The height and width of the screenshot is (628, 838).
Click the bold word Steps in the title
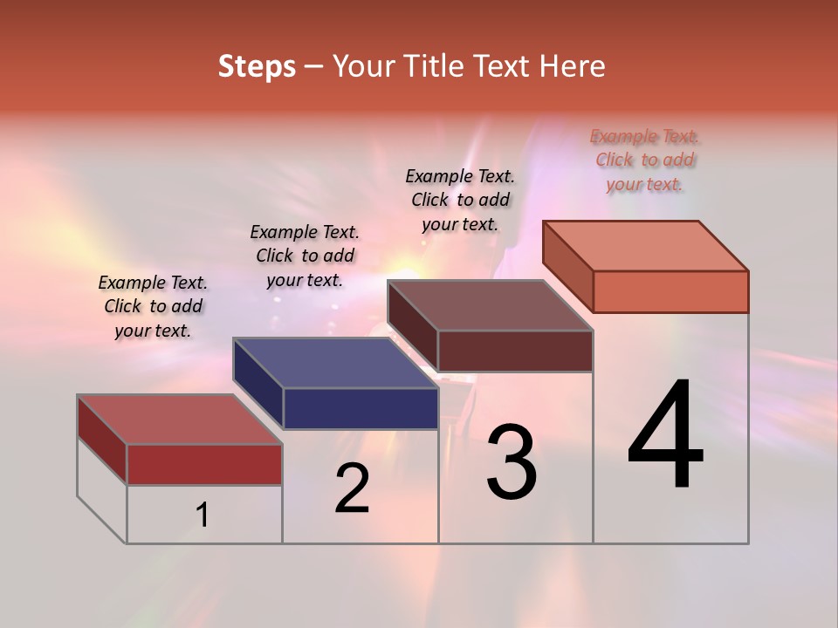(257, 66)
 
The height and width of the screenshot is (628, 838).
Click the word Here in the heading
(573, 66)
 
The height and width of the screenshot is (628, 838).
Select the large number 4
(665, 436)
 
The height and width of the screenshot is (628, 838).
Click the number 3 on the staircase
(512, 462)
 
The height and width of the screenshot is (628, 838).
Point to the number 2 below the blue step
(352, 488)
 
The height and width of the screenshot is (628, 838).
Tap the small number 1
(203, 515)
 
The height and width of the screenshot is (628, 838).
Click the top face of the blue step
(335, 362)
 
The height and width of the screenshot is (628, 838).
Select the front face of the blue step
(361, 408)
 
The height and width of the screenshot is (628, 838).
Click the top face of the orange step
(646, 245)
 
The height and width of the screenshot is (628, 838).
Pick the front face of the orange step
(670, 291)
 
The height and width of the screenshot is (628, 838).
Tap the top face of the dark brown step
(490, 304)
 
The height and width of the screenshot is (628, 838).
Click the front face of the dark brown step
(515, 351)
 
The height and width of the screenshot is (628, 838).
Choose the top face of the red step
(180, 419)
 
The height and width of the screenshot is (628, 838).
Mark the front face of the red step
(204, 464)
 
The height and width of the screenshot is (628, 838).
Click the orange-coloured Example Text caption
(644, 160)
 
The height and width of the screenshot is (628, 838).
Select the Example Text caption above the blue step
(305, 256)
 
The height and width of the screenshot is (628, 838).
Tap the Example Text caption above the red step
(153, 306)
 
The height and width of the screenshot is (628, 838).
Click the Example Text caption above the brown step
(460, 200)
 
